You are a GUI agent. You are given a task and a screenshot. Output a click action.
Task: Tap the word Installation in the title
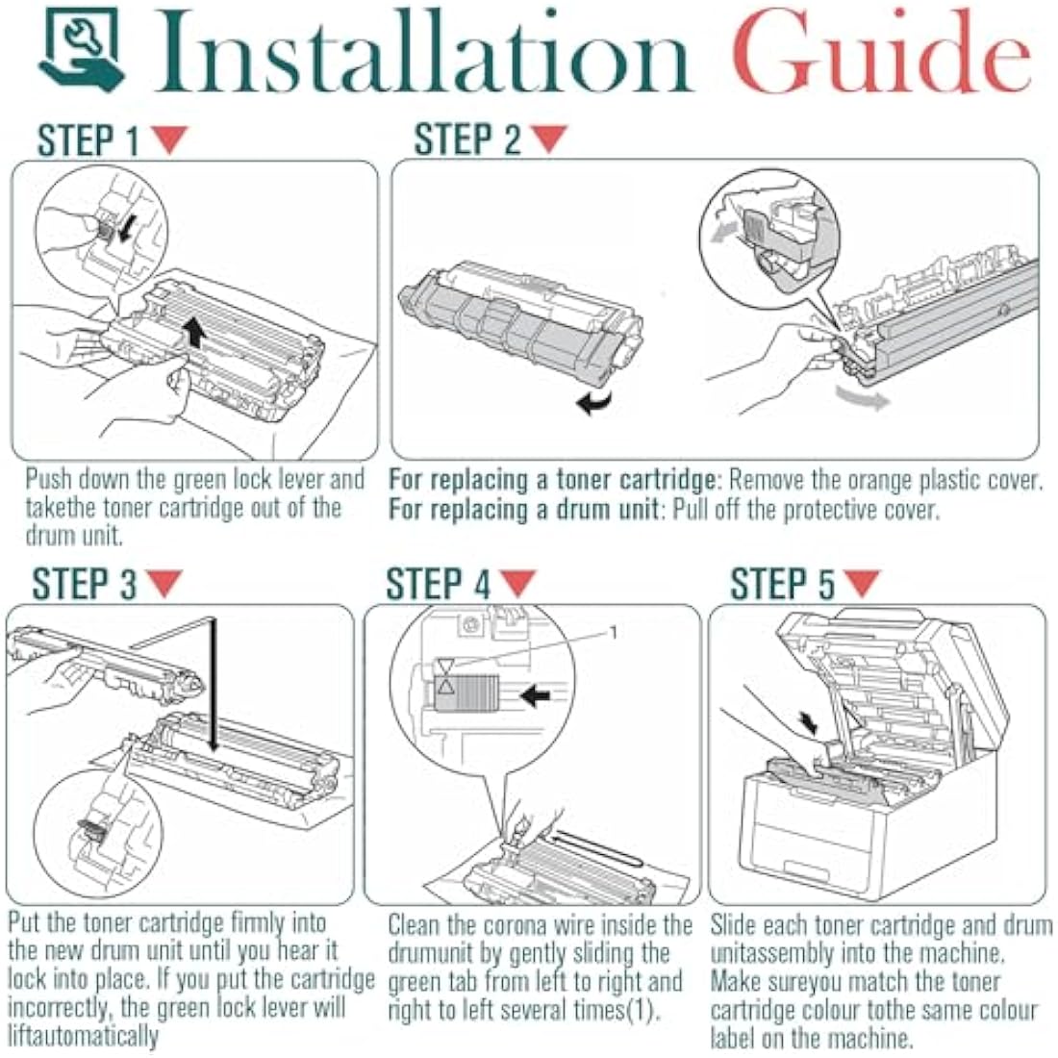point(422,51)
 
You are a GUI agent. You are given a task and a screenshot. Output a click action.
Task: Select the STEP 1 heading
point(88,141)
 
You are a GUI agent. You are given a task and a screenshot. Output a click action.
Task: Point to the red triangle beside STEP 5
point(862,583)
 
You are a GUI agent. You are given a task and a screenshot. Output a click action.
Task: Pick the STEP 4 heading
point(438,584)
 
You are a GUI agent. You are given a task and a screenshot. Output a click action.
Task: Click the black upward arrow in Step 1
point(195,334)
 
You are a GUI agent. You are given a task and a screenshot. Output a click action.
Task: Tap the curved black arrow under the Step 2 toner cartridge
point(593,402)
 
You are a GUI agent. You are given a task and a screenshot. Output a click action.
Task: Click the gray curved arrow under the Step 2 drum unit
point(863,397)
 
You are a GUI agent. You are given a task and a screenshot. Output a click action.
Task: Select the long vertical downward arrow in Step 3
point(214,685)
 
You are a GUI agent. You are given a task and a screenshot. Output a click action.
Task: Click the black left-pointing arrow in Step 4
point(537,695)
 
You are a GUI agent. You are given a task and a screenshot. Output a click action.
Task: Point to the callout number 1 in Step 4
point(614,632)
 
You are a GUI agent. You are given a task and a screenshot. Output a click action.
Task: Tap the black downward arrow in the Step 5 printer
point(808,722)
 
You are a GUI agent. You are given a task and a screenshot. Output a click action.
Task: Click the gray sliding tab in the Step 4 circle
point(466,693)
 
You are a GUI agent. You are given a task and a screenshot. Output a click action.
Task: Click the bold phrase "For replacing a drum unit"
point(523,510)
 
